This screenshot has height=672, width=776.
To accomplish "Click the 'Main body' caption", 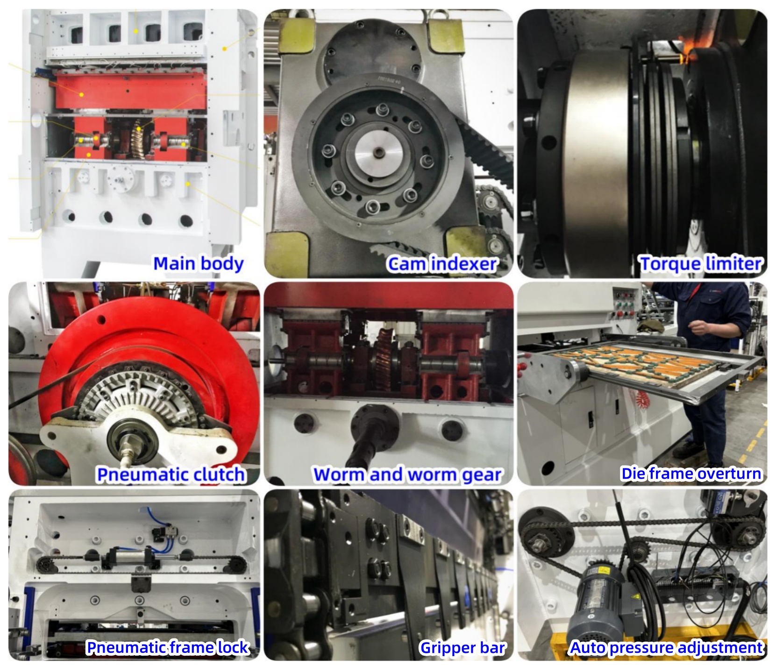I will coord(198,264).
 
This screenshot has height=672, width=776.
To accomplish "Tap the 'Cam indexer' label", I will coord(442,264).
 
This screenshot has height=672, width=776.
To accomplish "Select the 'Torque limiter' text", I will coord(700,264).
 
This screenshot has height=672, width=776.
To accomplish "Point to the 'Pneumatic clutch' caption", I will coord(171,474).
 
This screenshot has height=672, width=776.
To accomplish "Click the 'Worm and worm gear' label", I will coord(407,474).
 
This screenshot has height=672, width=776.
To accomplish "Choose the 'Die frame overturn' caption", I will coord(691,474).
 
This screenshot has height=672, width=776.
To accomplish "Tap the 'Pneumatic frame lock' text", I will coord(167,648).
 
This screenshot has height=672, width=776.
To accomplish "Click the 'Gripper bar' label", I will coord(463,648).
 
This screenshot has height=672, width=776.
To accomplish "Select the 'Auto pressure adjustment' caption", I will coord(666,648).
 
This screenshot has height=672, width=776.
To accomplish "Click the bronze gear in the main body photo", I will coord(138,135).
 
